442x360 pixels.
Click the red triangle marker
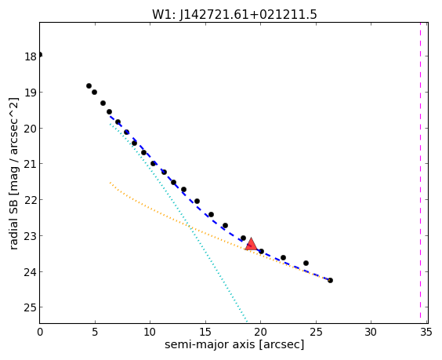click(x=251, y=245)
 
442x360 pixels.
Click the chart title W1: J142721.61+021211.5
click(x=234, y=14)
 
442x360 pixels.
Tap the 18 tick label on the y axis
click(x=31, y=56)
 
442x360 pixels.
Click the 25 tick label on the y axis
click(x=31, y=307)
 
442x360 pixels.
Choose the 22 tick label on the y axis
click(x=31, y=200)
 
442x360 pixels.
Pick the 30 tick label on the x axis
click(x=371, y=333)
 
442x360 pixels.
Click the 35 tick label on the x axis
click(x=426, y=333)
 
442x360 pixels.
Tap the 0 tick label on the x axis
click(x=40, y=333)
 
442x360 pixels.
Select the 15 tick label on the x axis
click(x=205, y=333)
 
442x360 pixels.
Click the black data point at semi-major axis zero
click(x=40, y=54)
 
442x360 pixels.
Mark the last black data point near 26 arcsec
click(x=330, y=280)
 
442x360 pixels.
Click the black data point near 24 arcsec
click(x=306, y=263)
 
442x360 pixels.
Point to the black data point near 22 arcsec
click(x=283, y=257)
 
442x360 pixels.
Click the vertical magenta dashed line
click(x=420, y=173)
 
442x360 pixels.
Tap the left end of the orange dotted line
click(x=110, y=183)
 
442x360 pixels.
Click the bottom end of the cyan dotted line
click(x=247, y=322)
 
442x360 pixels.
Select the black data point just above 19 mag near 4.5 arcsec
click(x=89, y=85)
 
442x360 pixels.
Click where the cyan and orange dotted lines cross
click(x=191, y=227)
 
